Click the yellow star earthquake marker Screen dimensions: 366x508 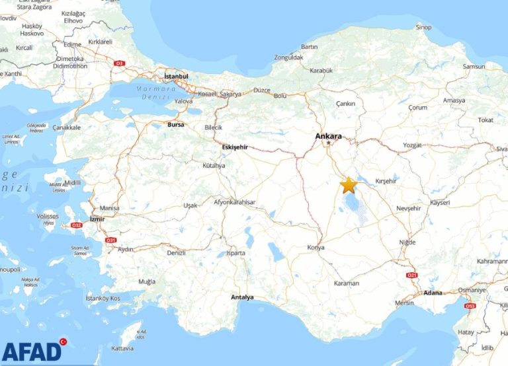click(348, 185)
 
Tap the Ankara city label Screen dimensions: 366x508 click(329, 136)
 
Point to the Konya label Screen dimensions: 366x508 click(316, 247)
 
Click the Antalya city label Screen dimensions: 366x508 click(242, 297)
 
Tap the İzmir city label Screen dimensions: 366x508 click(98, 219)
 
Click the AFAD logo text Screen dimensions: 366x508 click(32, 351)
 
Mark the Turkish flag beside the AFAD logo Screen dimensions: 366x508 click(63, 342)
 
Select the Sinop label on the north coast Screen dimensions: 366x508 click(423, 27)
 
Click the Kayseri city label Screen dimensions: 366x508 click(440, 203)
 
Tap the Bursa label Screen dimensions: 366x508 click(176, 124)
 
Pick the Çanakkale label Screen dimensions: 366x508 click(67, 127)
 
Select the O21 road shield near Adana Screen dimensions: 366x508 click(413, 275)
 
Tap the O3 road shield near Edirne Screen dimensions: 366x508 click(120, 63)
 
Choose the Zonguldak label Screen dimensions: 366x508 click(288, 57)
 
